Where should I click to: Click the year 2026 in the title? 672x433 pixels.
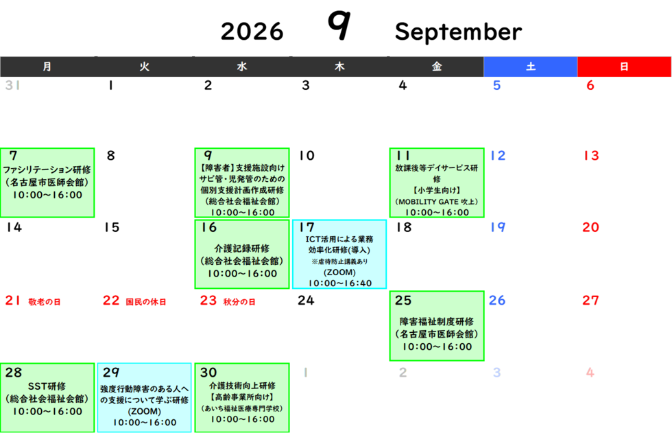coord(252,32)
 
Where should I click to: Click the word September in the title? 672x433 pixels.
coord(458,32)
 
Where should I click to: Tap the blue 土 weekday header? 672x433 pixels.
coord(531,67)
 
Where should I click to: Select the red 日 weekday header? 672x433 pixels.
coord(625,67)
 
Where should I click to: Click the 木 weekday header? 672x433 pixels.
coord(339,67)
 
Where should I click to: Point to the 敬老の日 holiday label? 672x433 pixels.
coord(45,302)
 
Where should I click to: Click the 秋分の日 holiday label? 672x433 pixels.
coord(239,302)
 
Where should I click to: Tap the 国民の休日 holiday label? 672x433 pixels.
coord(145,302)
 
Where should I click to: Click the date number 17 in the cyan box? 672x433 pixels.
coord(307,227)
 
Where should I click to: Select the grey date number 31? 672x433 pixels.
coord(12,85)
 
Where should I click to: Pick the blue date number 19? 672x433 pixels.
coord(498,227)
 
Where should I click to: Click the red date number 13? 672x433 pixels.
coord(591,155)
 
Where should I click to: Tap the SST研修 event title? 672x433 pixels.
coord(47,386)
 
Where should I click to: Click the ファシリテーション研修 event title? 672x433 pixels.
coord(47,169)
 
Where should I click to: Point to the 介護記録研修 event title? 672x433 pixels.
coord(241,248)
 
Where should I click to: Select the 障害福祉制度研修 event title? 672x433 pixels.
coord(437,322)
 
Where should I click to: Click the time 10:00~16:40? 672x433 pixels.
coord(340,283)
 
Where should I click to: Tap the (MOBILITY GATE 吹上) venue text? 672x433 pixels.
coord(437,202)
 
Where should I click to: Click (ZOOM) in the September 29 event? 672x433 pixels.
coord(145,411)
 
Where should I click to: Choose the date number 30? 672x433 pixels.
coord(208,372)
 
